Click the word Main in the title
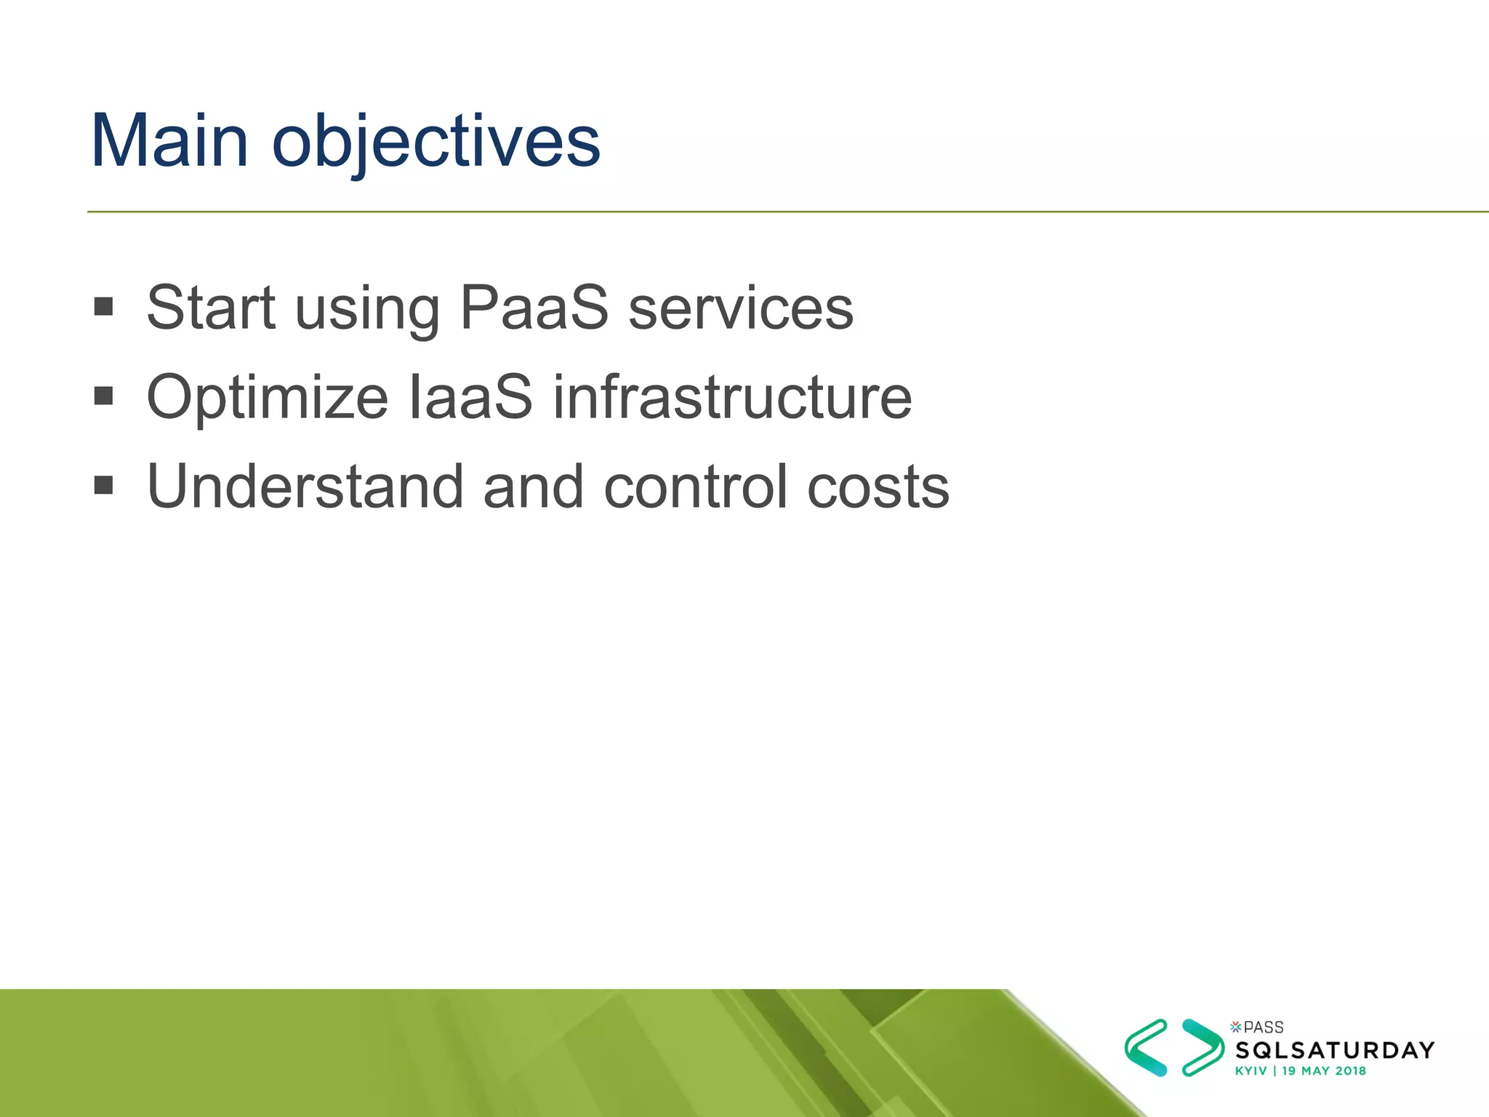[169, 141]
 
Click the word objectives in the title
[436, 141]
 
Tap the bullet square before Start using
[104, 306]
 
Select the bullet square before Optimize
[104, 396]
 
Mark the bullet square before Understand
[104, 485]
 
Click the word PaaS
[534, 308]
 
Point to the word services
[741, 308]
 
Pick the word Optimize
[268, 398]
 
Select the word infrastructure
[732, 398]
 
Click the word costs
[878, 487]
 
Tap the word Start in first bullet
[211, 308]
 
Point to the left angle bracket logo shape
[1146, 1047]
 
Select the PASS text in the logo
[1263, 1028]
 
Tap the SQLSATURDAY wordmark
[1335, 1050]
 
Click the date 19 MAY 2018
[1324, 1071]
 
